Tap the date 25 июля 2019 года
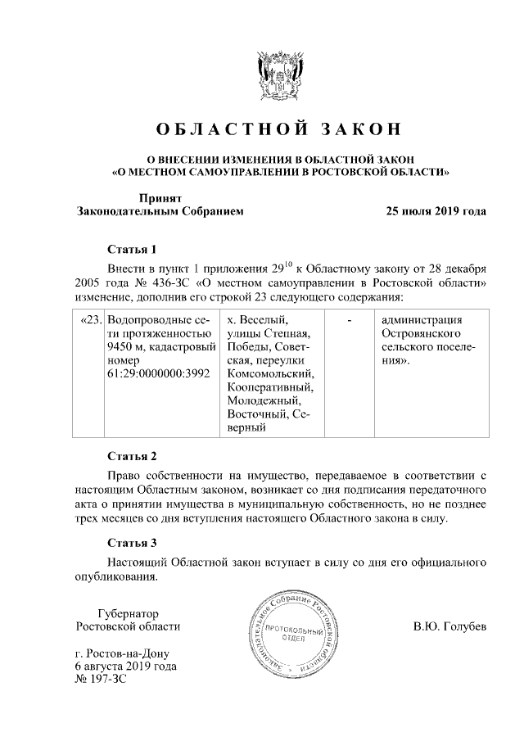(436, 211)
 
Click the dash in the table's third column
(350, 319)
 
